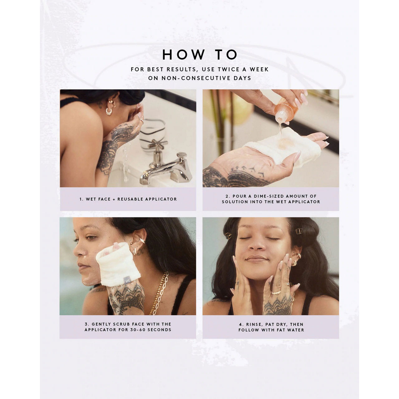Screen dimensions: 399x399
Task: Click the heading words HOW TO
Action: click(x=199, y=55)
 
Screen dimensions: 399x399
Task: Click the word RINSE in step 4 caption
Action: click(x=254, y=324)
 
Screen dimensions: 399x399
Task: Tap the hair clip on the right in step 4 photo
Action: click(x=298, y=231)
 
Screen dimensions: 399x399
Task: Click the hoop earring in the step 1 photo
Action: click(x=109, y=111)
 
